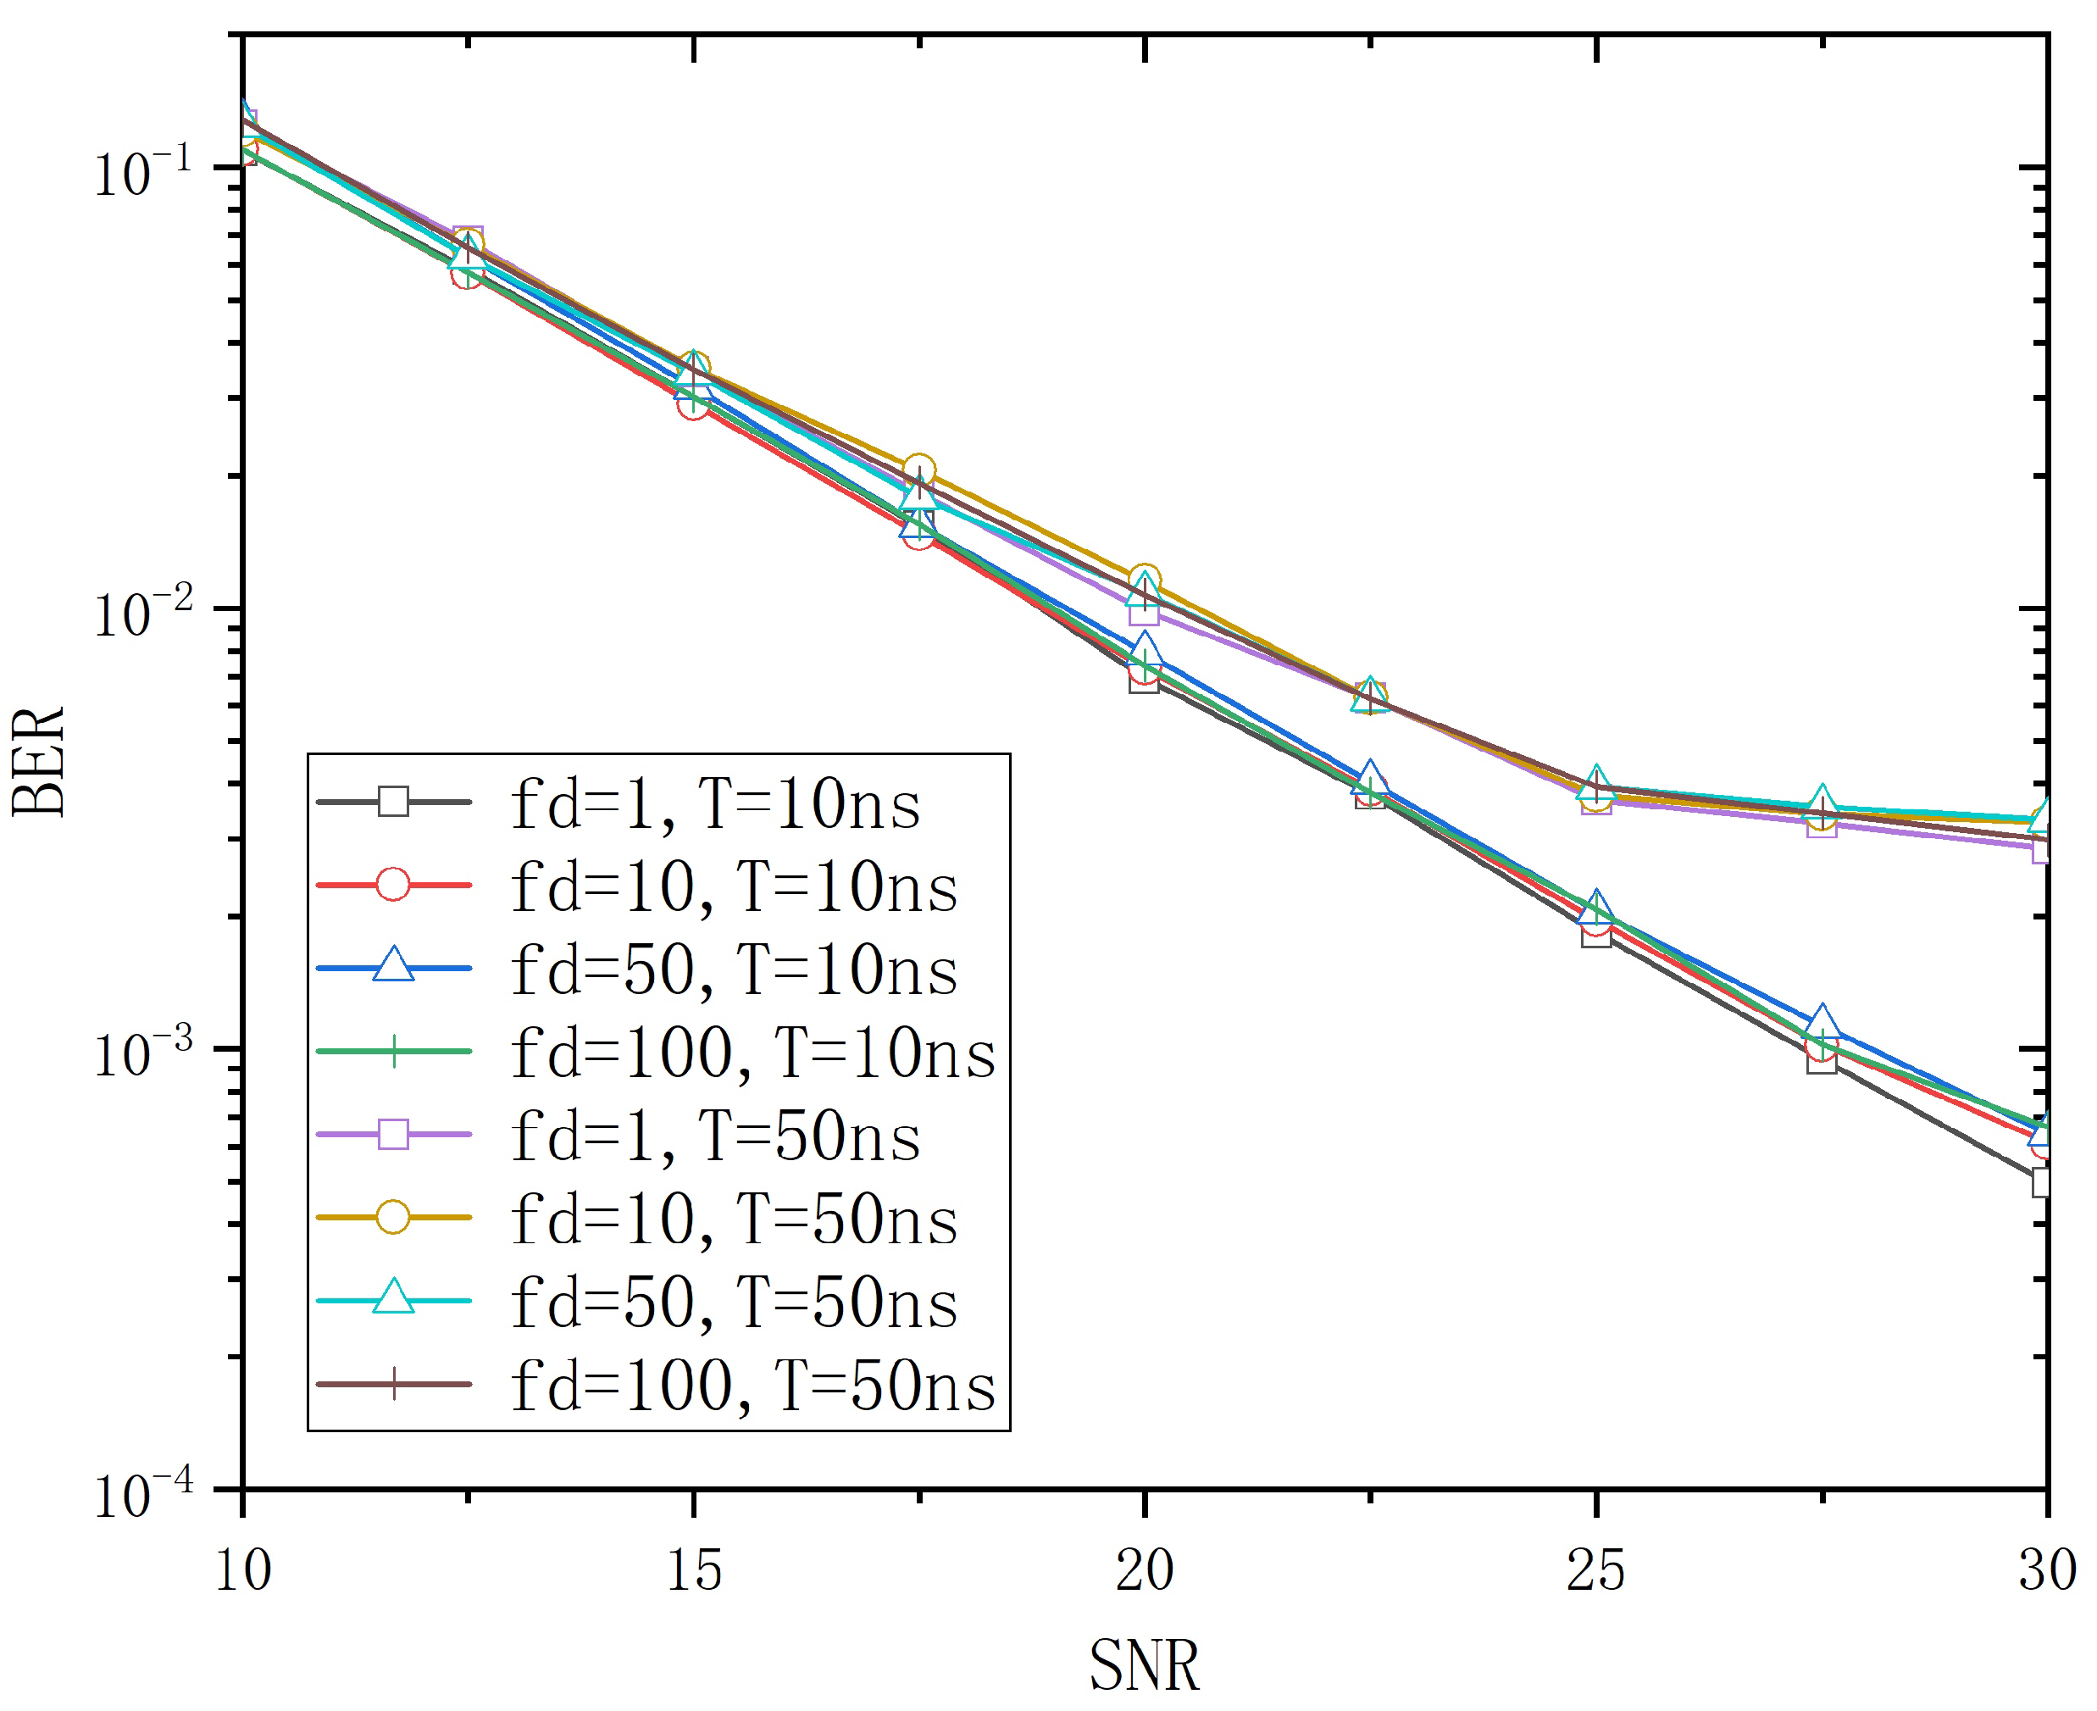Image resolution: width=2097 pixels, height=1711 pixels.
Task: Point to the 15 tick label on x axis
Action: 694,1570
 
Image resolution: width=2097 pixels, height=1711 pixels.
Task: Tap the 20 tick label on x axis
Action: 1144,1570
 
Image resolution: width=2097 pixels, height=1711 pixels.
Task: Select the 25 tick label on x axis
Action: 1595,1570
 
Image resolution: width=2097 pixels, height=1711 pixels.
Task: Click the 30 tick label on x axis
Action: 2046,1570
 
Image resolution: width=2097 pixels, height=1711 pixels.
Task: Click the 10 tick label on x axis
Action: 242,1570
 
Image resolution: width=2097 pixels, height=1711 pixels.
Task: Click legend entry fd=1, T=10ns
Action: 714,804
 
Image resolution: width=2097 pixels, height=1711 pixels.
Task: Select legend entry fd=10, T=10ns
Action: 734,887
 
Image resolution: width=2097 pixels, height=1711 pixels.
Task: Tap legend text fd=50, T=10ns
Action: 734,971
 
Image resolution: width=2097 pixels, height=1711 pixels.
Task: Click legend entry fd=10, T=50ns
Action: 734,1220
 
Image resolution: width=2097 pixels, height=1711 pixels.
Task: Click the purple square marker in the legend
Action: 393,1135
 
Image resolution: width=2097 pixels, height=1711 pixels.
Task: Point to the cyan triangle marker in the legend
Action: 393,1298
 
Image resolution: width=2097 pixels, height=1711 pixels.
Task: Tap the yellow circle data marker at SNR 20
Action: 1144,580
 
